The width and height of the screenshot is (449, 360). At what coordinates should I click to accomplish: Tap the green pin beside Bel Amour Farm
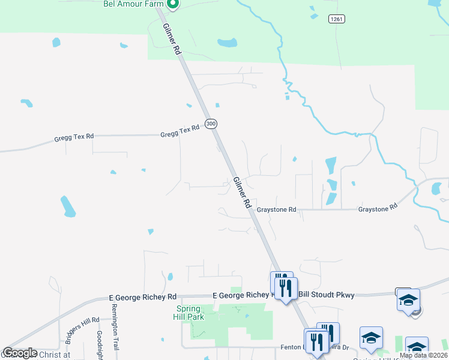[173, 5]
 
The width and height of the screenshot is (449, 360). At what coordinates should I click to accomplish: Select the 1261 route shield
[336, 20]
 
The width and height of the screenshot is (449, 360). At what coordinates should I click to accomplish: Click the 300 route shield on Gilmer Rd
[211, 124]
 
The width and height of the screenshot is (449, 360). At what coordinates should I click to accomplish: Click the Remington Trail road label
[115, 326]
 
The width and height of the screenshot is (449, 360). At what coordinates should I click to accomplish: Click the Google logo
[19, 353]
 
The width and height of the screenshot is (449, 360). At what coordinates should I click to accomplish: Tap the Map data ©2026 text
[423, 355]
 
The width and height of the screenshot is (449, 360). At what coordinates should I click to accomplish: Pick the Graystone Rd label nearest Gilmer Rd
[277, 210]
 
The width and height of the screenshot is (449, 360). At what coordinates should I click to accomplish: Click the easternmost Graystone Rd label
[378, 207]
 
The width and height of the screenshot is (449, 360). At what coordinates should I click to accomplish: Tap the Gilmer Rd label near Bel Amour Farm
[170, 40]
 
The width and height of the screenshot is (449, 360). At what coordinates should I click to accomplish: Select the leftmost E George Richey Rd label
[142, 297]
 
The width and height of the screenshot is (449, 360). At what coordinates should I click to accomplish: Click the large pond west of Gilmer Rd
[68, 206]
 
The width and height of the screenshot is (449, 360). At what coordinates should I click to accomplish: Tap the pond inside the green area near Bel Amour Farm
[227, 43]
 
